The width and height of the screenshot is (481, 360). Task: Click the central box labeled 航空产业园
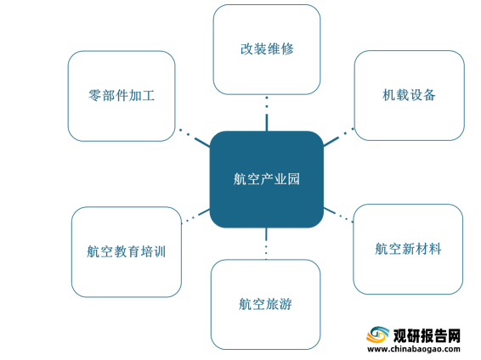267,179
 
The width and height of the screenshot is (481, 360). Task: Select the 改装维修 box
267,49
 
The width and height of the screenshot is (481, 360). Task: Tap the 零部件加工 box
122,96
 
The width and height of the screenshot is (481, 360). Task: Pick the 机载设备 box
410,95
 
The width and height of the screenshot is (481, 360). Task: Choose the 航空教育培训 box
127,252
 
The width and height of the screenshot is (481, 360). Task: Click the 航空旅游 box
266,304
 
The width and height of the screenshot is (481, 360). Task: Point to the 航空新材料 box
408,249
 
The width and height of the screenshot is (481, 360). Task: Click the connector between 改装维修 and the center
267,114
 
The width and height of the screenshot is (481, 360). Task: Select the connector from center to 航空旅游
266,244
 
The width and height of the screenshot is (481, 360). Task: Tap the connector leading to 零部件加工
195,138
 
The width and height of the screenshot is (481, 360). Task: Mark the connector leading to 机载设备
339,138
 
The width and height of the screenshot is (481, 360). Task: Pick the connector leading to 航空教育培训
195,216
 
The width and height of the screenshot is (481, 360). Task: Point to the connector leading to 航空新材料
338,215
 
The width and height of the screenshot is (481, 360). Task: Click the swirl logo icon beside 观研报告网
377,335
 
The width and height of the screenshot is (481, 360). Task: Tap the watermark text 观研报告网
427,335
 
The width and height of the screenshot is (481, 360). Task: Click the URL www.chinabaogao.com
414,349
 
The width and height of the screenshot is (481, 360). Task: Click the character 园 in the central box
293,179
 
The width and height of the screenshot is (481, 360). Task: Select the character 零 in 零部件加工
95,96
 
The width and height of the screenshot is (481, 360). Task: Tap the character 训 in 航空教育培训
160,252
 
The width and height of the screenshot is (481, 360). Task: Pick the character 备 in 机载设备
429,95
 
